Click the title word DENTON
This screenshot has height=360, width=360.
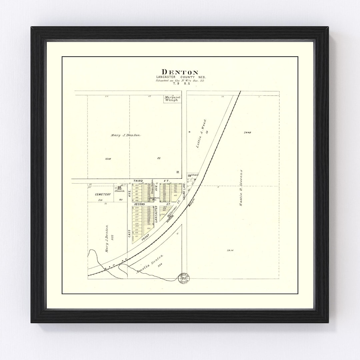pos(180,72)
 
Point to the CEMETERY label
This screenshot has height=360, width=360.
pos(103,194)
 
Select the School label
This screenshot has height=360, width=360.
pos(194,175)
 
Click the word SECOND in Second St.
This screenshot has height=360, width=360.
pos(139,204)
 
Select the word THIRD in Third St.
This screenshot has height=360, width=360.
pos(138,181)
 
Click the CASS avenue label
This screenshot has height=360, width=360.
pos(129,233)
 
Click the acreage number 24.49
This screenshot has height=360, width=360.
pos(247,132)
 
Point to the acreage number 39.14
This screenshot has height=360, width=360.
pos(230,250)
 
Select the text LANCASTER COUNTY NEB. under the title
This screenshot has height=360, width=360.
pos(180,77)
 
